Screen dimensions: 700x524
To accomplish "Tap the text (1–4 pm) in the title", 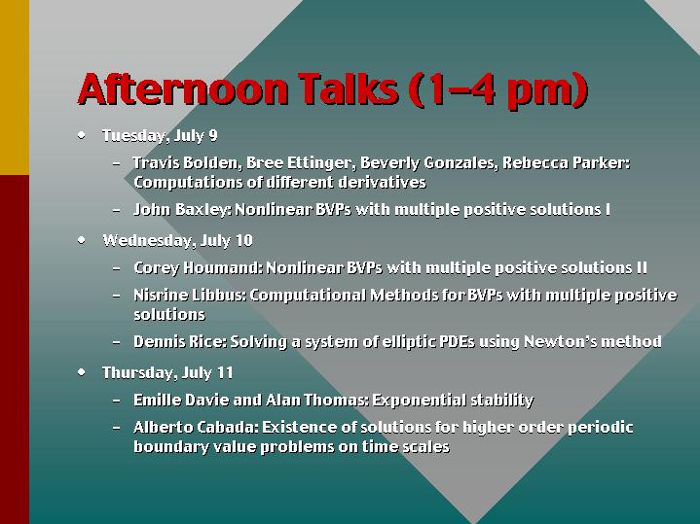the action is pyautogui.click(x=498, y=90).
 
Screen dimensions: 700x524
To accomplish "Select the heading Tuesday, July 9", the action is pyautogui.click(x=160, y=136).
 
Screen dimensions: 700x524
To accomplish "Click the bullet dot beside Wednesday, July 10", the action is pyautogui.click(x=81, y=240).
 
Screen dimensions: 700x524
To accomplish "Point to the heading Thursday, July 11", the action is pyautogui.click(x=167, y=372).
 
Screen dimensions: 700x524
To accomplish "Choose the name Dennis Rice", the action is pyautogui.click(x=178, y=341).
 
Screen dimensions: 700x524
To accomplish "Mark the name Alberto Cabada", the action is pyautogui.click(x=194, y=427).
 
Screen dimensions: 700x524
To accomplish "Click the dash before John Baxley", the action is pyautogui.click(x=117, y=210).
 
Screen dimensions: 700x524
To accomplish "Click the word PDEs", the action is pyautogui.click(x=457, y=341).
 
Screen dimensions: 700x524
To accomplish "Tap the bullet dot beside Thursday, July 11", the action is pyautogui.click(x=81, y=372).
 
